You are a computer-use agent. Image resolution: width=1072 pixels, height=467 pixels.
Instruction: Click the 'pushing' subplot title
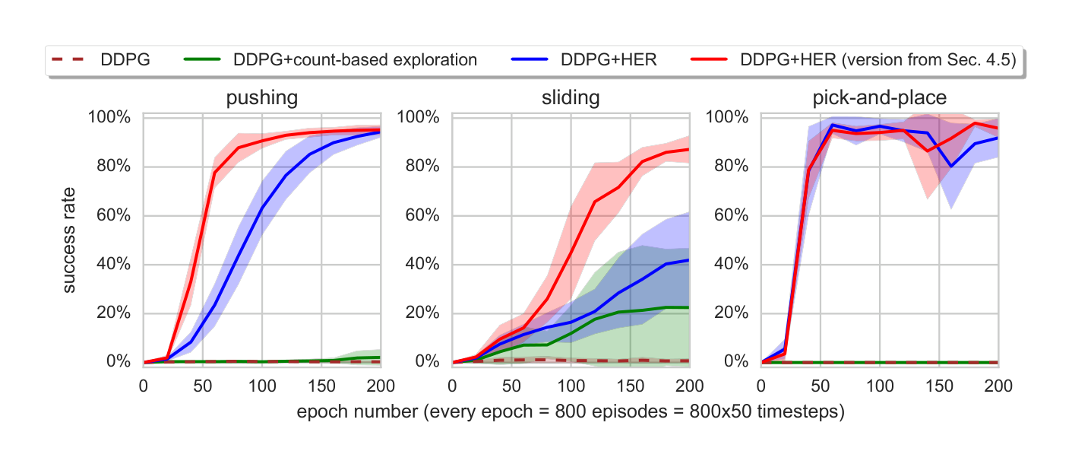pos(261,98)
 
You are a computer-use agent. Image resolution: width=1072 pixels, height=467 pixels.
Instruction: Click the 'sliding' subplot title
pos(571,98)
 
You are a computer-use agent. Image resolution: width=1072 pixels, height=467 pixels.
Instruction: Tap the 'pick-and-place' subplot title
pos(879,98)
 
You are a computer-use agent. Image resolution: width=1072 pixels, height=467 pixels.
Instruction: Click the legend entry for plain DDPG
pos(125,60)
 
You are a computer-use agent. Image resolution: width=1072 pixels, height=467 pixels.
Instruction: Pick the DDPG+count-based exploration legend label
pos(356,60)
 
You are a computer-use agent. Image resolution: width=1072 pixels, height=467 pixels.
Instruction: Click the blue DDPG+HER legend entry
pos(604,60)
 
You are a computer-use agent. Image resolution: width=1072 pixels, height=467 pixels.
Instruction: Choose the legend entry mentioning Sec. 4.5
pos(878,60)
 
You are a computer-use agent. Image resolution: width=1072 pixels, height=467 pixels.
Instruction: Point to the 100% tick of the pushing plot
pos(111,118)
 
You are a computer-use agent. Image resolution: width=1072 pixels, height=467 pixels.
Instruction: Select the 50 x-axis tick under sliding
pos(511,386)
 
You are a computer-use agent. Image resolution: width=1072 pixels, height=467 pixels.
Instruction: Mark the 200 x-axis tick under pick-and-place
pos(998,386)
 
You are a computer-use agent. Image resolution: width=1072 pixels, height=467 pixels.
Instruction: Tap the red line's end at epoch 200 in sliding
pos(688,149)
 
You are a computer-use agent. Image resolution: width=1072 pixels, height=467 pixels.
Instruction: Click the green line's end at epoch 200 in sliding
pos(688,307)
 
